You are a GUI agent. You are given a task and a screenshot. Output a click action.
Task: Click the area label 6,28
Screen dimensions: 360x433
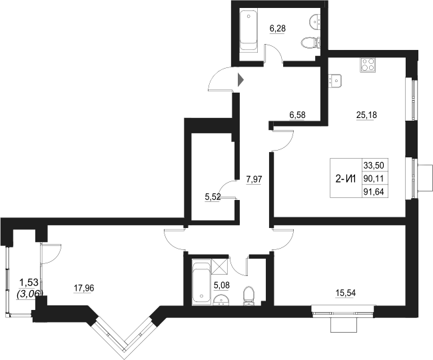click(278, 29)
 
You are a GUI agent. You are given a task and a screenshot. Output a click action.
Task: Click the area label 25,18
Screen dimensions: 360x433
click(367, 115)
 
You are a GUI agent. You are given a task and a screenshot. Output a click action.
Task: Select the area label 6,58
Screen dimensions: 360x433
click(297, 115)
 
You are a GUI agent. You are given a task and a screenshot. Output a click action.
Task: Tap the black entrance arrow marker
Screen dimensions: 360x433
click(241, 81)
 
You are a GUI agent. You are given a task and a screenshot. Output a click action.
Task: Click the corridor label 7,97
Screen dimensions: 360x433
click(254, 179)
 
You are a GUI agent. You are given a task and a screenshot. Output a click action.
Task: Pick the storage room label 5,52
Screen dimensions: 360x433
click(212, 197)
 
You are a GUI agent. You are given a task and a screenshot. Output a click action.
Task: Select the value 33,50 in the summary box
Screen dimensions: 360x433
click(374, 165)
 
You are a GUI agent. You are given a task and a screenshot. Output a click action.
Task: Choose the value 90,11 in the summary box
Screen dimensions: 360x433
click(374, 178)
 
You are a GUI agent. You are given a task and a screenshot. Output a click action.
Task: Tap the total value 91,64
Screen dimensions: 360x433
click(374, 192)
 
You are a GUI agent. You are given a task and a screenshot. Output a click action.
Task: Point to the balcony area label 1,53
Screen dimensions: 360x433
click(28, 283)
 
